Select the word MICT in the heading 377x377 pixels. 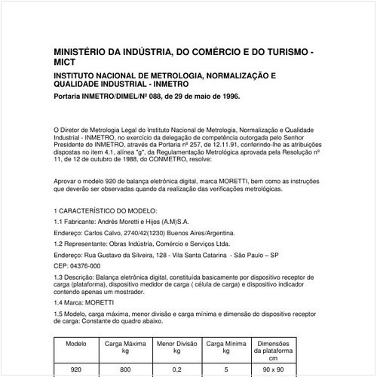click(65, 63)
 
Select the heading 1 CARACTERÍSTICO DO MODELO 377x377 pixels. click(106, 209)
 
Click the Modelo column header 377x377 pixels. click(75, 342)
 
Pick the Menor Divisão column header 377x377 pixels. click(176, 346)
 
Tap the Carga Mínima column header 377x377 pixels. click(226, 346)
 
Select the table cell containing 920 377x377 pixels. click(75, 370)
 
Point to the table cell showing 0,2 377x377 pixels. click(177, 370)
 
